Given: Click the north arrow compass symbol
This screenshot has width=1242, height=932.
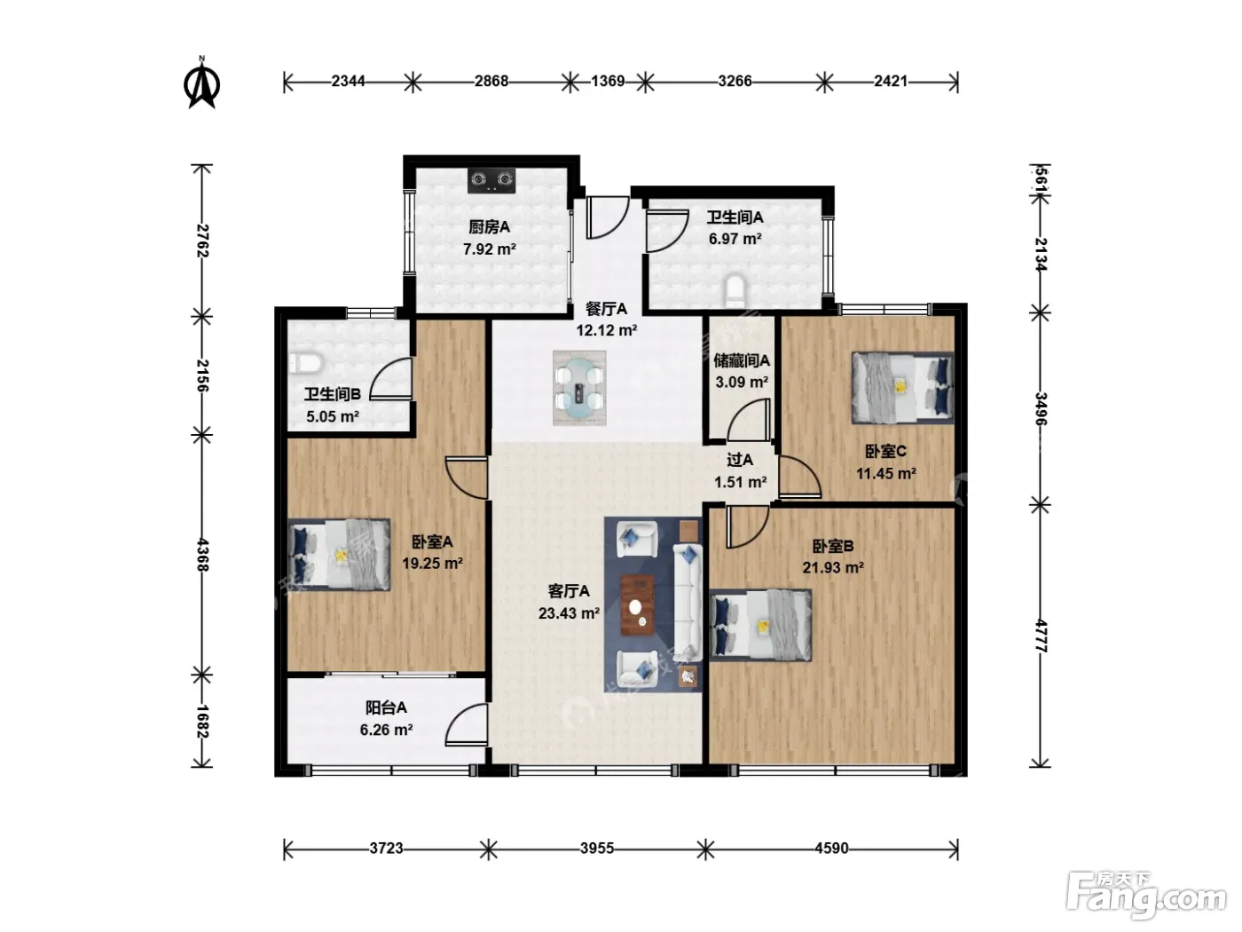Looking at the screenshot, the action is click(x=201, y=83).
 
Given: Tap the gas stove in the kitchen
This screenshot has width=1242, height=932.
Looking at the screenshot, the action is click(x=491, y=180).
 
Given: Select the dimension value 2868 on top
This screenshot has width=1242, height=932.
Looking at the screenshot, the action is click(x=491, y=82).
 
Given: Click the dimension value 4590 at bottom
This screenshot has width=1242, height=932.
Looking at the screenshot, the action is click(x=831, y=848).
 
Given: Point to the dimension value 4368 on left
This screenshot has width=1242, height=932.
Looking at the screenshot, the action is click(x=202, y=555).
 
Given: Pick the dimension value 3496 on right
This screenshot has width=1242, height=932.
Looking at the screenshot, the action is click(x=1041, y=408).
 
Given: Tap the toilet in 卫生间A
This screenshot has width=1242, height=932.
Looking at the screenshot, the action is click(x=735, y=291).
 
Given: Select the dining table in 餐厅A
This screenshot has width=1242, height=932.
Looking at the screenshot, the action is click(x=578, y=388).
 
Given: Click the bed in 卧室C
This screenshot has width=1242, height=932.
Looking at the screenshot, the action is click(x=902, y=388).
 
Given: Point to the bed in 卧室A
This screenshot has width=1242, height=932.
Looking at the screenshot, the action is click(x=339, y=555).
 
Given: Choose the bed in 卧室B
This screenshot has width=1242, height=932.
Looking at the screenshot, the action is click(x=760, y=625).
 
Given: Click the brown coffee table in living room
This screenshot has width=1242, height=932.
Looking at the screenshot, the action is click(x=638, y=604).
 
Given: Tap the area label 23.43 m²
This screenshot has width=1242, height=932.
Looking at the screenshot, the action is click(x=569, y=612).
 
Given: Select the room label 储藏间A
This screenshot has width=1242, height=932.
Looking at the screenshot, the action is click(x=742, y=359).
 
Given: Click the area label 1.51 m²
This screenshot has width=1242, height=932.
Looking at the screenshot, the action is click(x=740, y=482).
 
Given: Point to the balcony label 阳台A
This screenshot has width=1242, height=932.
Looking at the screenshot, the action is click(x=386, y=707).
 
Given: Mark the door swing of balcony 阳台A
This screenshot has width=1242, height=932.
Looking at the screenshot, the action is click(x=467, y=725).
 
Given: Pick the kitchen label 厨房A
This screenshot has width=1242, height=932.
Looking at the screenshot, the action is click(x=489, y=227).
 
